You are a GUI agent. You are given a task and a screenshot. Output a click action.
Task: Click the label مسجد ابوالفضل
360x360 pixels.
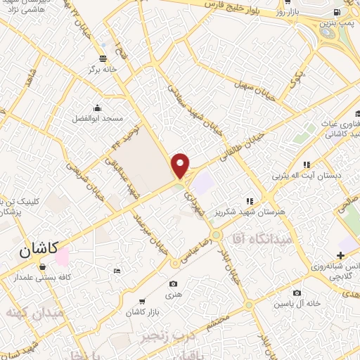point(96,119)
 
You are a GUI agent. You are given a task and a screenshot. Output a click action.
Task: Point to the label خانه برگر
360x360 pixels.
point(101,70)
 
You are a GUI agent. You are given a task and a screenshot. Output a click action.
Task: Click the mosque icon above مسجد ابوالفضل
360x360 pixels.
point(96,108)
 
